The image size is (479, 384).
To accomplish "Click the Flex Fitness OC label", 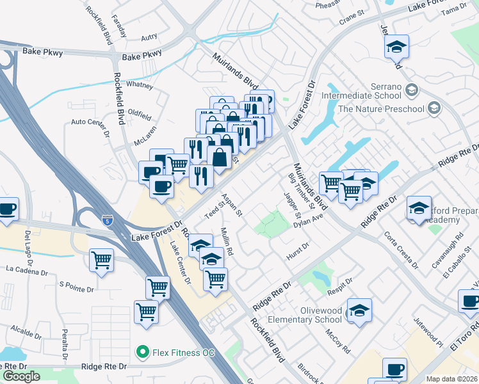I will pos(175,351).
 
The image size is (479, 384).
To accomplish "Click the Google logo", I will pos(20,376).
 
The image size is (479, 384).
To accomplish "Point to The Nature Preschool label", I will pos(381,109).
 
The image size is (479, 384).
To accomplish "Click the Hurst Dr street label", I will pos(298,250).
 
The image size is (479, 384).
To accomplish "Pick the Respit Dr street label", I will pos(339,283).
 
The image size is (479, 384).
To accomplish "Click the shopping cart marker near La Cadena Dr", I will pos(102,260).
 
